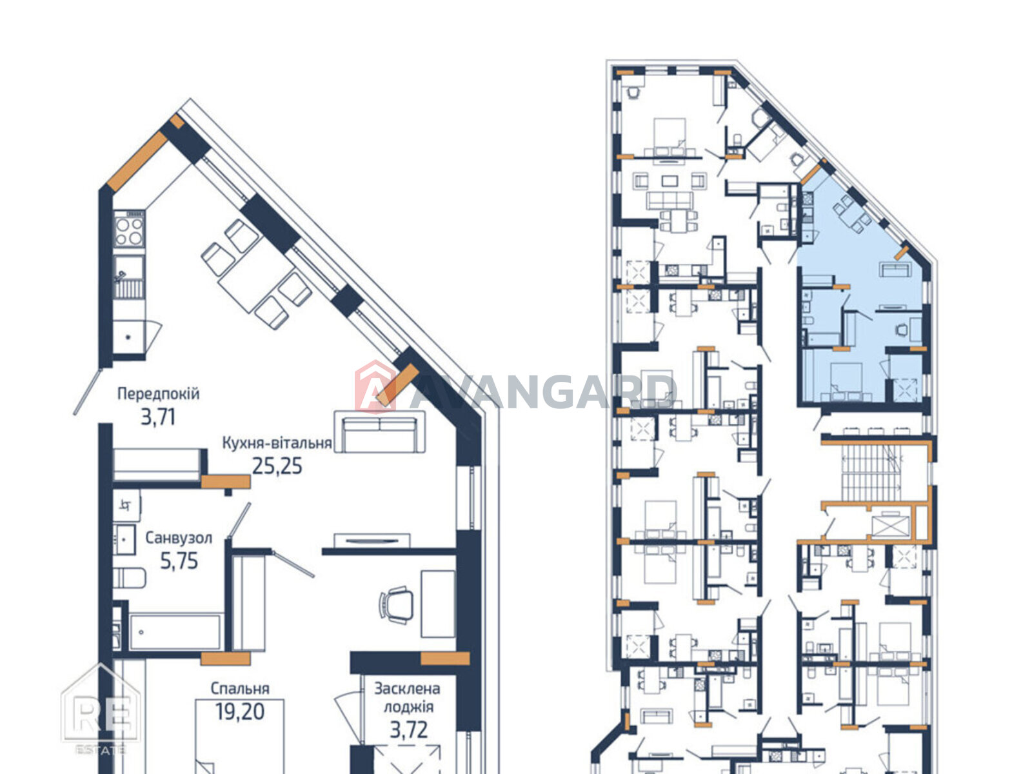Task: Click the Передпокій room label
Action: coord(159,394)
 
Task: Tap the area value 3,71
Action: coord(158,417)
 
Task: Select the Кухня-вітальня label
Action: coord(277,443)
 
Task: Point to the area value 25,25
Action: coord(277,466)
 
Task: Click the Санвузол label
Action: coord(179,538)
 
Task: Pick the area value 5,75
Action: coord(179,561)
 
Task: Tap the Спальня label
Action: coord(240,688)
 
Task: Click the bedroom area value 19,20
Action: coord(240,711)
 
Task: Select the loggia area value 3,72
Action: coord(409,730)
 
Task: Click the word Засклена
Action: coord(407,688)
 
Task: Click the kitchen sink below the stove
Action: coord(129,277)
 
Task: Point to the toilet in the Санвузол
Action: coord(129,578)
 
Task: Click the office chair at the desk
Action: coord(396,605)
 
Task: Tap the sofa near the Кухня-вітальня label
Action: coord(380,432)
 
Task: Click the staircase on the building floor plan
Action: coord(871,473)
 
